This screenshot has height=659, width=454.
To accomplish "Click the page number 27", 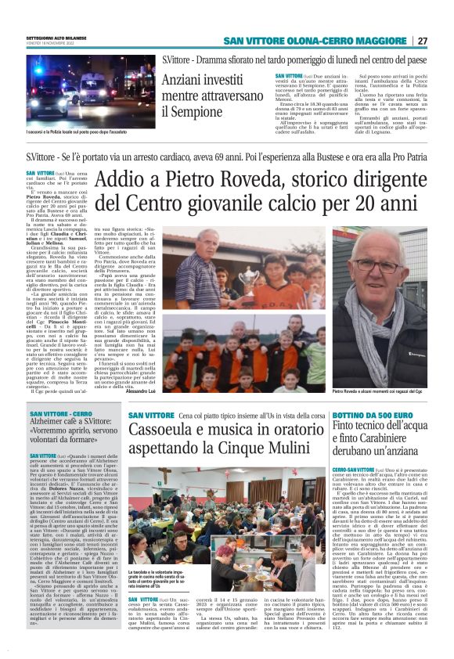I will pyautogui.click(x=423, y=41).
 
